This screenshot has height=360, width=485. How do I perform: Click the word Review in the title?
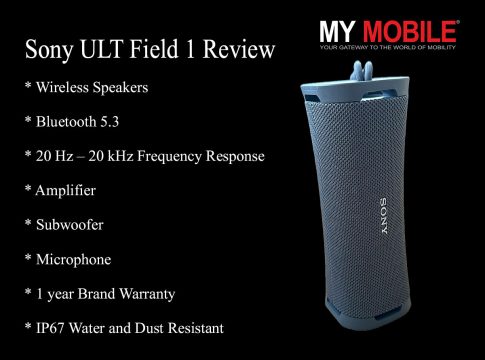pos(239,50)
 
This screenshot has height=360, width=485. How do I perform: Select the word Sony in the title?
pos(49,51)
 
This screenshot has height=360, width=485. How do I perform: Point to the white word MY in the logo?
pos(337,32)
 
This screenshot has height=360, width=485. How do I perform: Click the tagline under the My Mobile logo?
pos(388,47)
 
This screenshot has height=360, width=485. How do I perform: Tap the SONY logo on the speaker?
pos(384,216)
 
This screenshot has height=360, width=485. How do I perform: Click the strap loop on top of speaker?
pos(361,71)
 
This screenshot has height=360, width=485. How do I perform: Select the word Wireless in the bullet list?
pos(62,87)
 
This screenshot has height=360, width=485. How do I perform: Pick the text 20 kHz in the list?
pos(111,156)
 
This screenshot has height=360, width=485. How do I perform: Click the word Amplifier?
pos(65,191)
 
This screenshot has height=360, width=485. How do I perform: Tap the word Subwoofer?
pos(70,225)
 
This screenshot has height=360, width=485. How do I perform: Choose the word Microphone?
pos(73,260)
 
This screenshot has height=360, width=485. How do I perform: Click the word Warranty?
pos(147,295)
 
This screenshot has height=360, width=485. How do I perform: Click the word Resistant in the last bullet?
pos(196,328)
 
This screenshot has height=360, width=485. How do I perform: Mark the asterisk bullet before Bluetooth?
pos(28,119)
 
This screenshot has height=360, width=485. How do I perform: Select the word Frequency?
pos(168,157)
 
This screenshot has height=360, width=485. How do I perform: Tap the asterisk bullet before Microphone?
pos(28,257)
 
